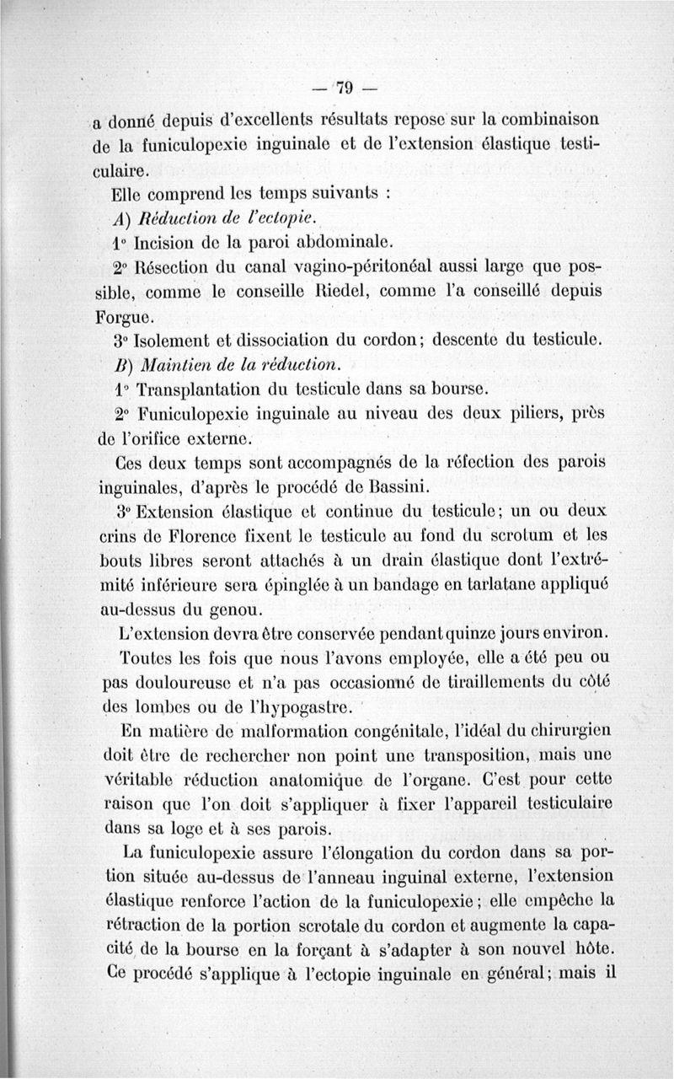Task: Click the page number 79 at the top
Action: pyautogui.click(x=345, y=87)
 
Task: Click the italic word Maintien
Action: pyautogui.click(x=178, y=367)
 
